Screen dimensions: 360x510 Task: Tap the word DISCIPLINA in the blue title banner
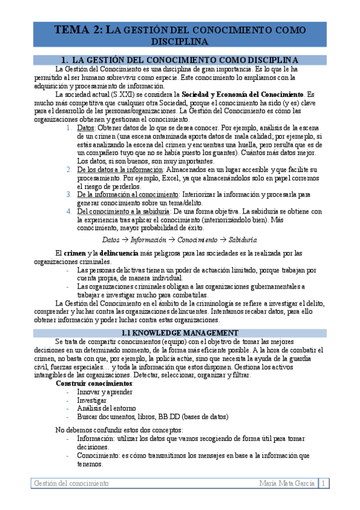[179, 41]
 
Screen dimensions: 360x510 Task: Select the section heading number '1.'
[67, 60]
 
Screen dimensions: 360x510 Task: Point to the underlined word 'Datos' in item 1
[86, 128]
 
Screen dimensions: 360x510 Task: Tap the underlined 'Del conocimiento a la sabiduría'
[124, 211]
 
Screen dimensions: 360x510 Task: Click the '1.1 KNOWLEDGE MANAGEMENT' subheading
[179, 333]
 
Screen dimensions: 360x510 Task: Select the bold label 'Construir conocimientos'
[95, 383]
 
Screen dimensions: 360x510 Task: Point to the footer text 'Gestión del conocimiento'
[71, 484]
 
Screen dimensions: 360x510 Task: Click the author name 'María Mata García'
[287, 484]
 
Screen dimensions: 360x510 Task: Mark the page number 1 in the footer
[324, 484]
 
